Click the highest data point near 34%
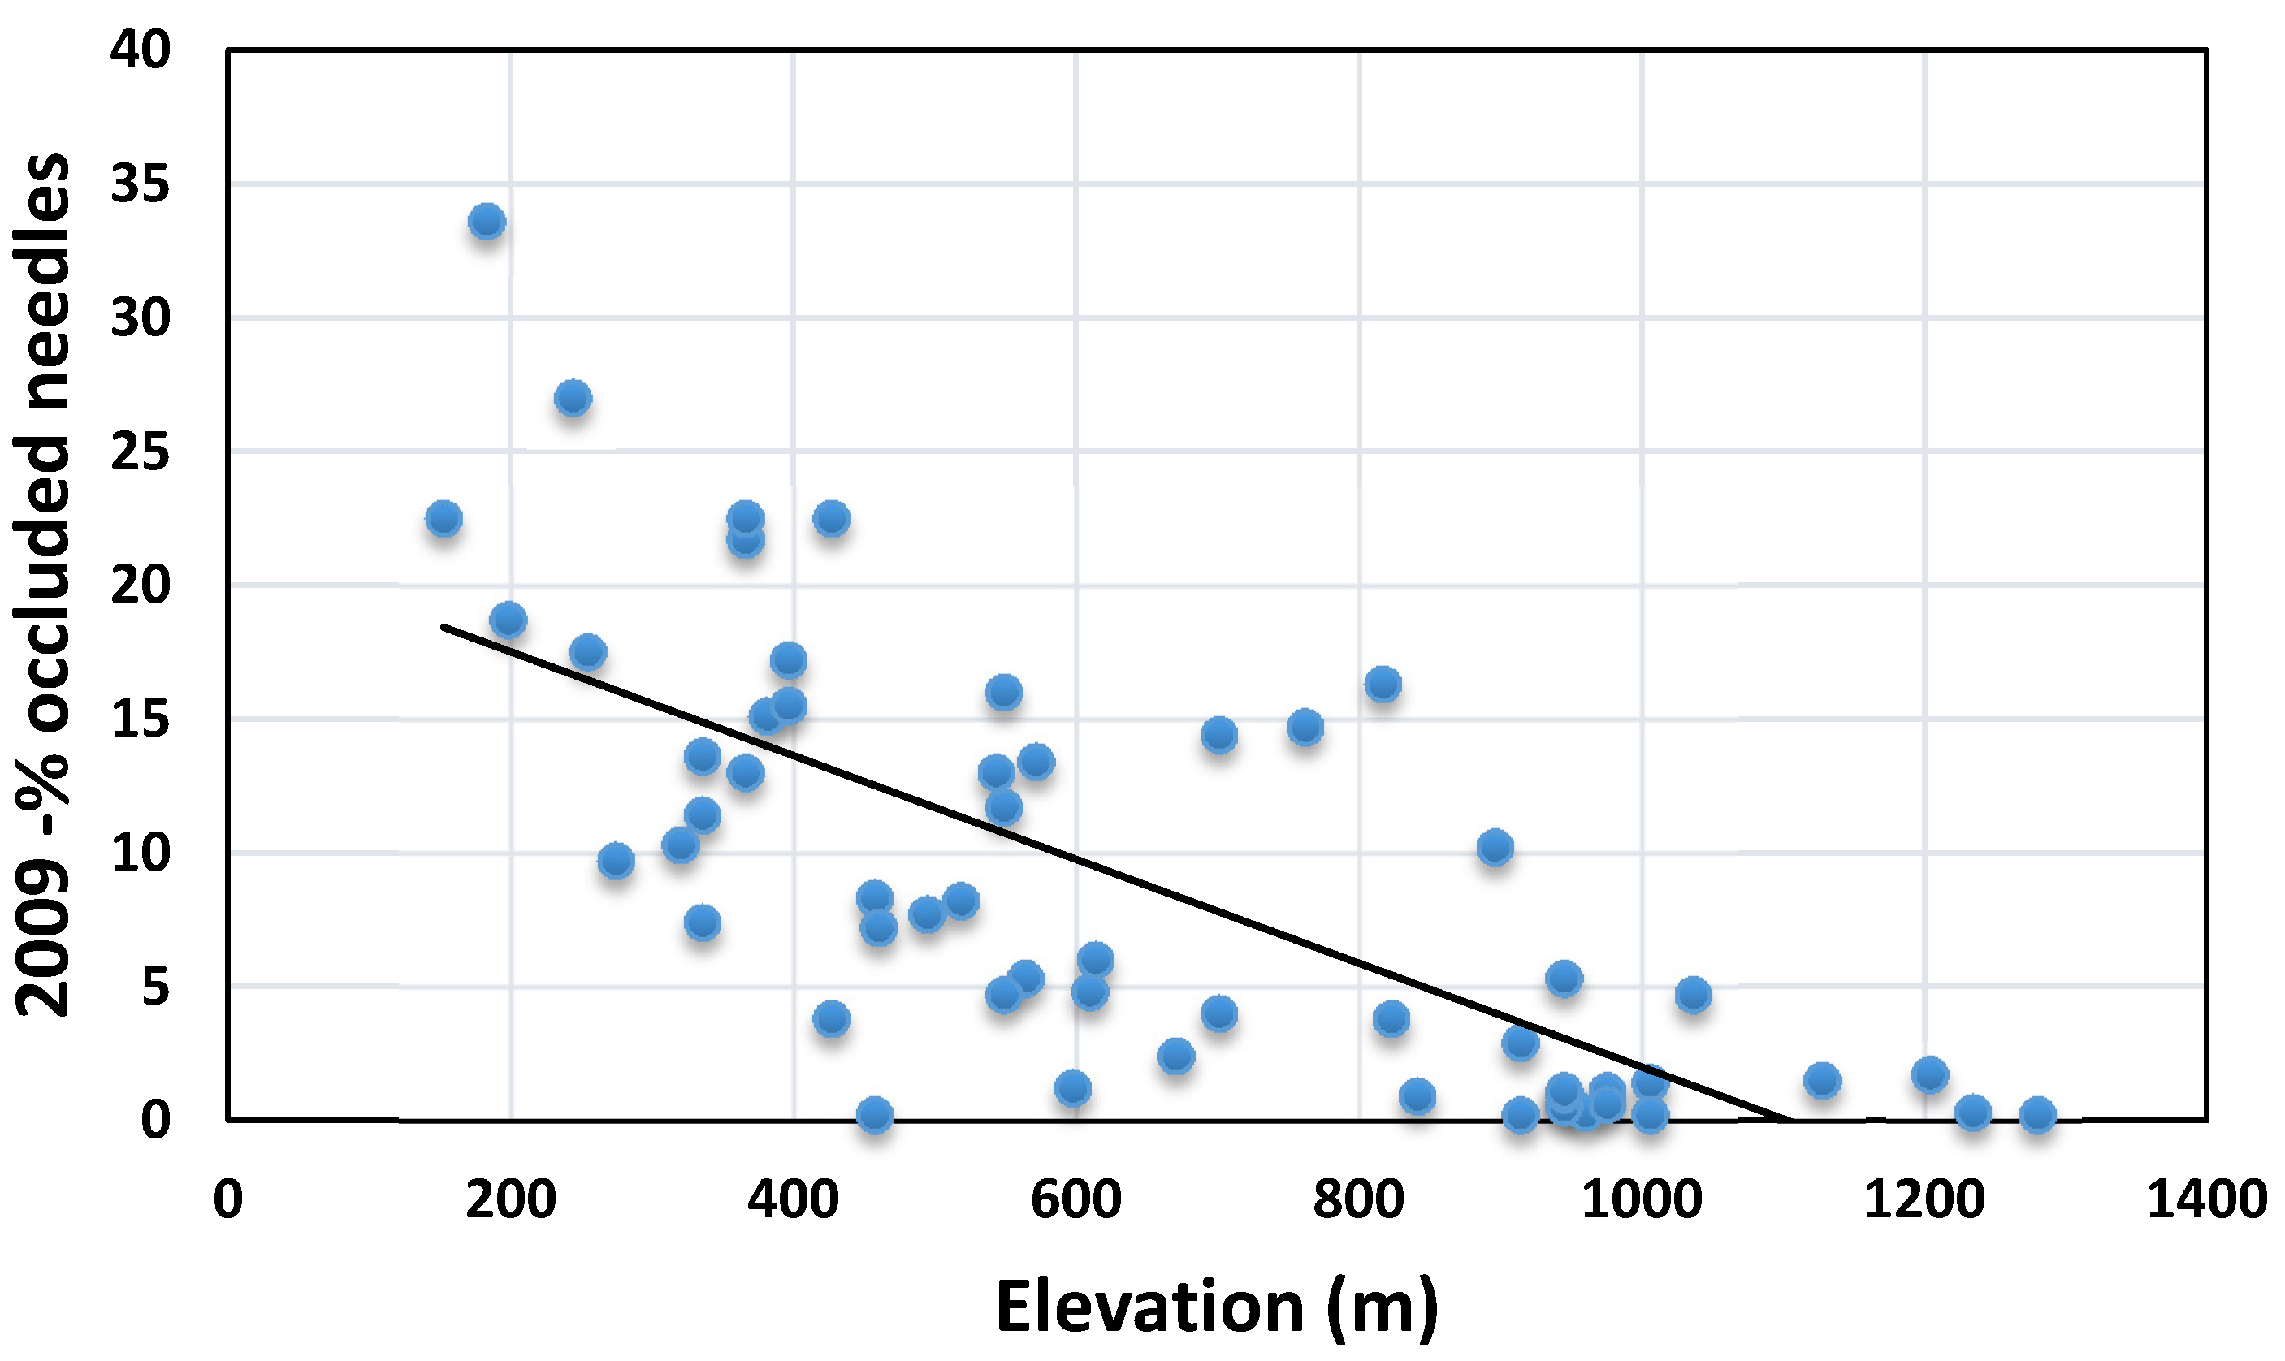487,221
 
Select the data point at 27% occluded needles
573,398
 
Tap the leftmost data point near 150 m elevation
443,518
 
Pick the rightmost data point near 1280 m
2037,1114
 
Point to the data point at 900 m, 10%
1495,848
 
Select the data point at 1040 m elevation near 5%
1692,994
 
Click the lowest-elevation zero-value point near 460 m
874,1114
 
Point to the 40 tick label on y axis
140,50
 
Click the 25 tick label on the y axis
140,452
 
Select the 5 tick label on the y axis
155,987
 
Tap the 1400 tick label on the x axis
2206,1199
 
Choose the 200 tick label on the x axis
510,1199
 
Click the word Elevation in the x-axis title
1149,1307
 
